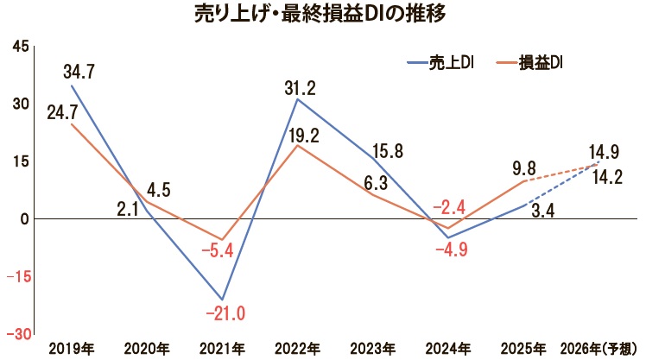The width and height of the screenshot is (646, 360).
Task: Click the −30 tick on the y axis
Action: coord(19,334)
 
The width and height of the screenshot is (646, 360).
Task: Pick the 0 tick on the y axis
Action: coord(26,219)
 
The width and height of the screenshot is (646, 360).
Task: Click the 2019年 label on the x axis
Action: coord(72,348)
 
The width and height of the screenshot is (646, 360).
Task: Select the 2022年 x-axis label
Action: coord(298,348)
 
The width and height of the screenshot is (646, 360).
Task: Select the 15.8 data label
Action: coord(383,152)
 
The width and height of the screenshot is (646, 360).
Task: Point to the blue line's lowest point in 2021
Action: coord(223,299)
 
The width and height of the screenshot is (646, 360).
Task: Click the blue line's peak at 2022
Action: coord(298,99)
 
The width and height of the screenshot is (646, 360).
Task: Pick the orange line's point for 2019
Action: coord(72,124)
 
